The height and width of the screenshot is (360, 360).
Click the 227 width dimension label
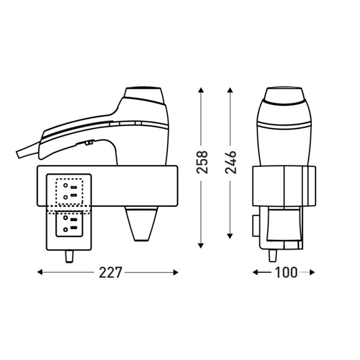[x=110, y=272]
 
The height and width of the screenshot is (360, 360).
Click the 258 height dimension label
[x=202, y=162]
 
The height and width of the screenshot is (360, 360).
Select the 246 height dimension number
[x=230, y=162]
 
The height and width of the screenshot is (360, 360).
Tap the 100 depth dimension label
[x=286, y=272]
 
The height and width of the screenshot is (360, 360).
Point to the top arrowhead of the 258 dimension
[x=201, y=90]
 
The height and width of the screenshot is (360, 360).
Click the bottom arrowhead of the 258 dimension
[x=201, y=245]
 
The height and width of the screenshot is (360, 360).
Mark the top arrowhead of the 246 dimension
[x=230, y=90]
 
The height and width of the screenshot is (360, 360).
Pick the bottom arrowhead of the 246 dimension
[x=230, y=236]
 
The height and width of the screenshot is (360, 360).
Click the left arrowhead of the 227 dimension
[x=40, y=272]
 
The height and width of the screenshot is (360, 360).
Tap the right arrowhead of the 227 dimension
[x=176, y=272]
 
